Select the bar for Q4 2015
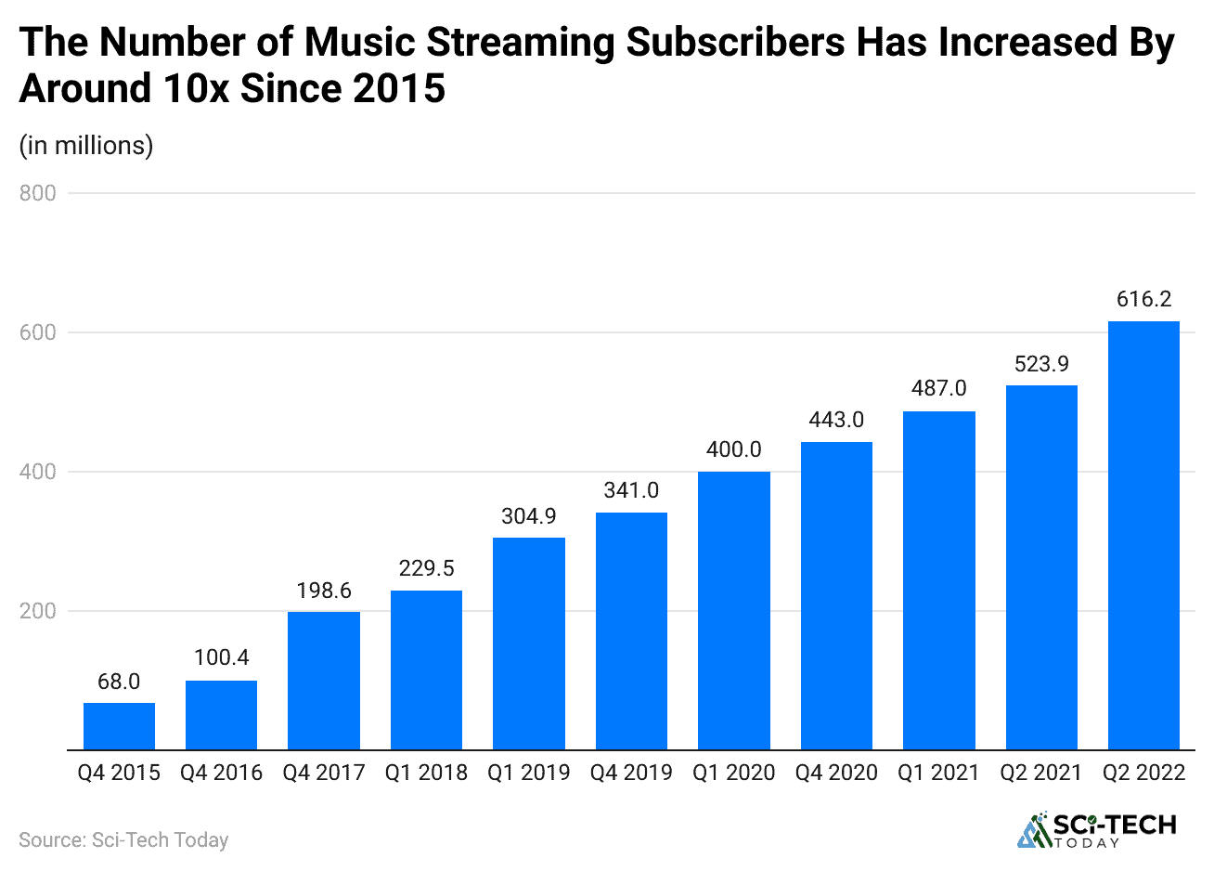click(x=119, y=726)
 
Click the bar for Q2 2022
click(x=1143, y=536)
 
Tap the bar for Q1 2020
click(x=733, y=610)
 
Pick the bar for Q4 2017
click(x=324, y=680)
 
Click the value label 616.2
click(x=1143, y=299)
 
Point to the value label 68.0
click(x=119, y=682)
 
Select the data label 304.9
click(x=529, y=516)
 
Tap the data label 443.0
click(x=836, y=420)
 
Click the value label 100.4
click(x=221, y=657)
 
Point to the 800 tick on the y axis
click(x=38, y=193)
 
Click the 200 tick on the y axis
click(x=38, y=611)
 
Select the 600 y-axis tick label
click(x=38, y=332)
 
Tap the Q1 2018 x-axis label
click(x=426, y=773)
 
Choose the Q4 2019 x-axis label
click(x=631, y=773)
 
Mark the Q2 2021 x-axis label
click(x=1040, y=773)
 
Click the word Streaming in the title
click(x=524, y=44)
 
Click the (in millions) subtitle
click(x=86, y=146)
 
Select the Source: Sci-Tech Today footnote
click(x=123, y=840)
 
